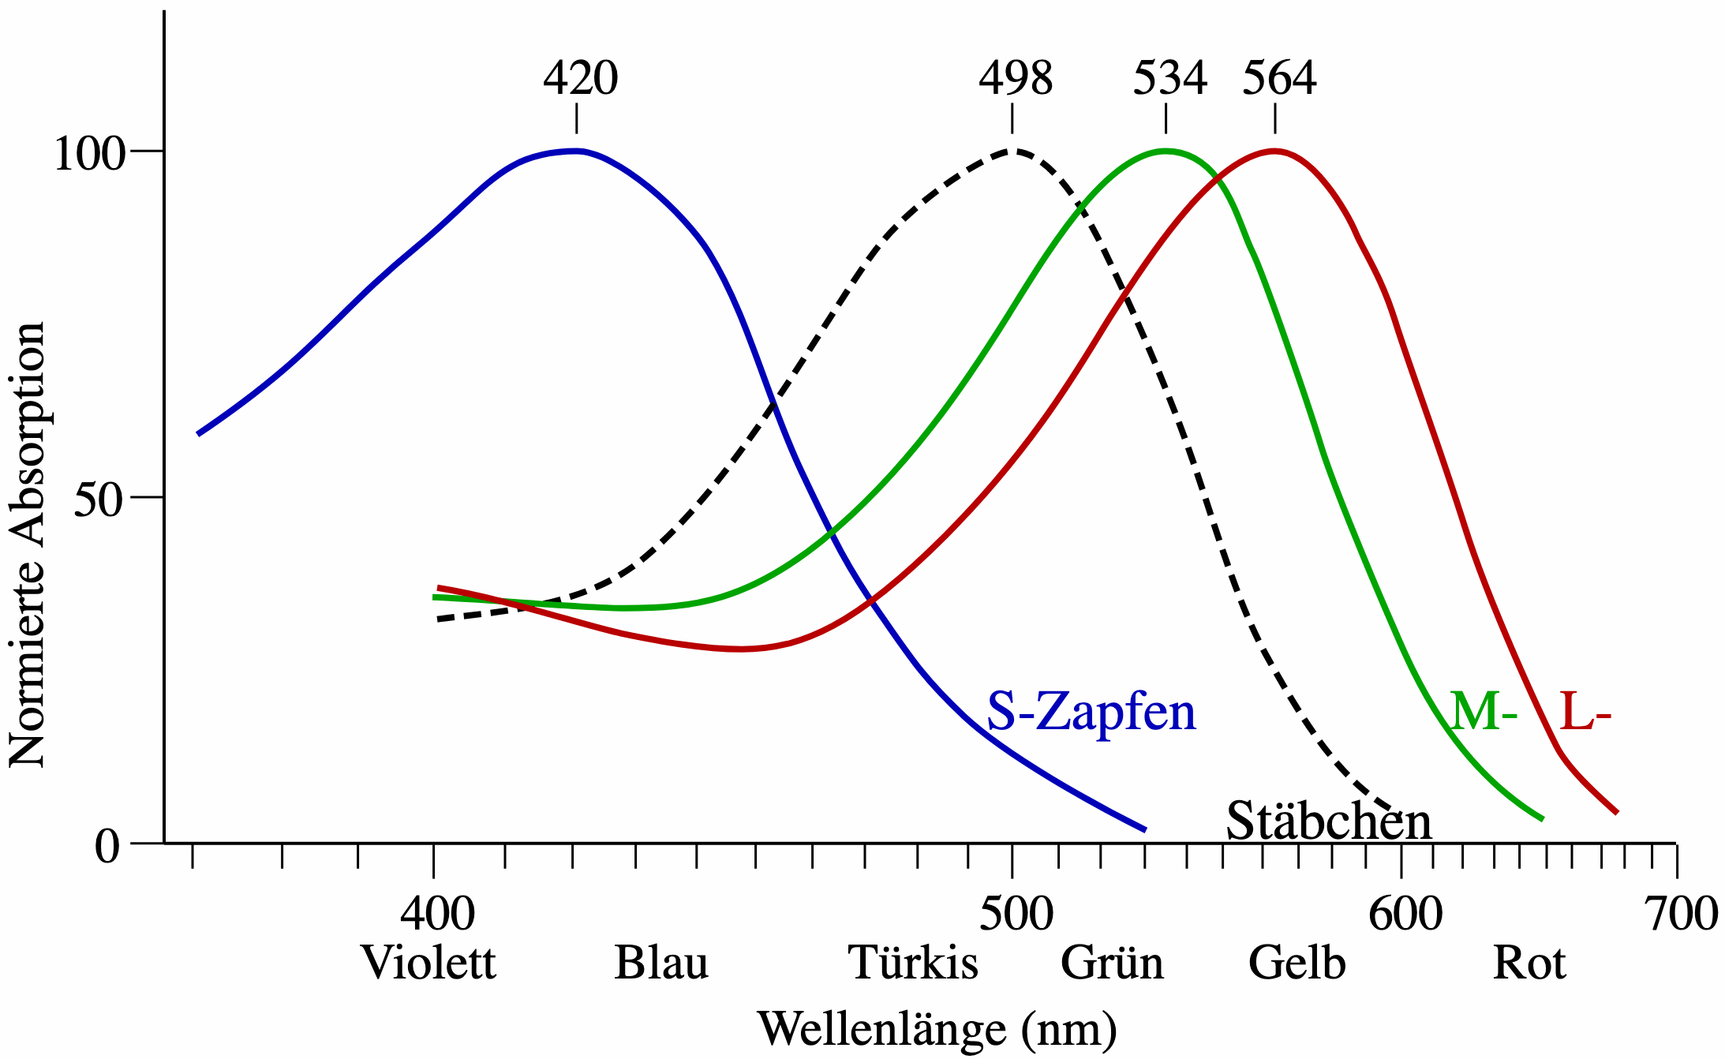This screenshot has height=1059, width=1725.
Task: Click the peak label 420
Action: tap(580, 78)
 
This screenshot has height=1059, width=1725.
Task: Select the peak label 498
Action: tap(1016, 78)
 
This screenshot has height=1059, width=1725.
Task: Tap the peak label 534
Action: tap(1169, 78)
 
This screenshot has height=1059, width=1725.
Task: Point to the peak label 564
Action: tap(1279, 78)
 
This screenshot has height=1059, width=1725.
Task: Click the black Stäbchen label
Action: tap(1328, 821)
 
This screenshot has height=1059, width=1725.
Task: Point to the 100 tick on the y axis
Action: tap(89, 153)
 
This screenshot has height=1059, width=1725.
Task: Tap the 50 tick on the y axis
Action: tap(99, 500)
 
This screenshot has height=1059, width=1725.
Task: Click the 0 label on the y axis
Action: tap(108, 847)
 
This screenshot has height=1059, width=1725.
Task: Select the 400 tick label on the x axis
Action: tap(437, 914)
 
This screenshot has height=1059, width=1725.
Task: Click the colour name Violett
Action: tap(428, 964)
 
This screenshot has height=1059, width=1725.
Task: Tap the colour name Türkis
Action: tap(913, 964)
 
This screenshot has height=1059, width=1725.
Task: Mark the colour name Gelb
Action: tap(1297, 964)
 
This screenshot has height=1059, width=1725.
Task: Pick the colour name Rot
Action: tap(1529, 964)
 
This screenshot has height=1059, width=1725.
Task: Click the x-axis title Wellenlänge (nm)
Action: tap(937, 1029)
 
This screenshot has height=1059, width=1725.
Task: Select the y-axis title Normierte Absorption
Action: tap(28, 544)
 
